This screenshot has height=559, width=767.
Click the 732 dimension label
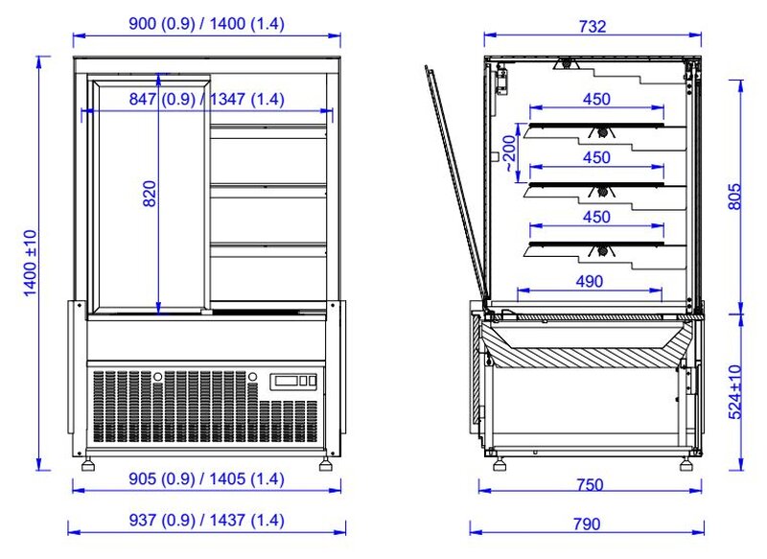[593, 27]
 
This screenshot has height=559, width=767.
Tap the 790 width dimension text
[587, 524]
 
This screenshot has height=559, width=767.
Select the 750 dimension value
[590, 484]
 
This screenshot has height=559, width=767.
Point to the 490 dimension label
[590, 282]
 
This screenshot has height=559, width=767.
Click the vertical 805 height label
[734, 197]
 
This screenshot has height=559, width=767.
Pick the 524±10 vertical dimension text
[734, 392]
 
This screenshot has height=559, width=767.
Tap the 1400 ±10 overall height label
[31, 263]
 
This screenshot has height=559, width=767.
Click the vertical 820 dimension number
[150, 194]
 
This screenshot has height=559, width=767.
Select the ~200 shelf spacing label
[509, 153]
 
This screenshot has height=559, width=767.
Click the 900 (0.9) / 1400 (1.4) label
[206, 23]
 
